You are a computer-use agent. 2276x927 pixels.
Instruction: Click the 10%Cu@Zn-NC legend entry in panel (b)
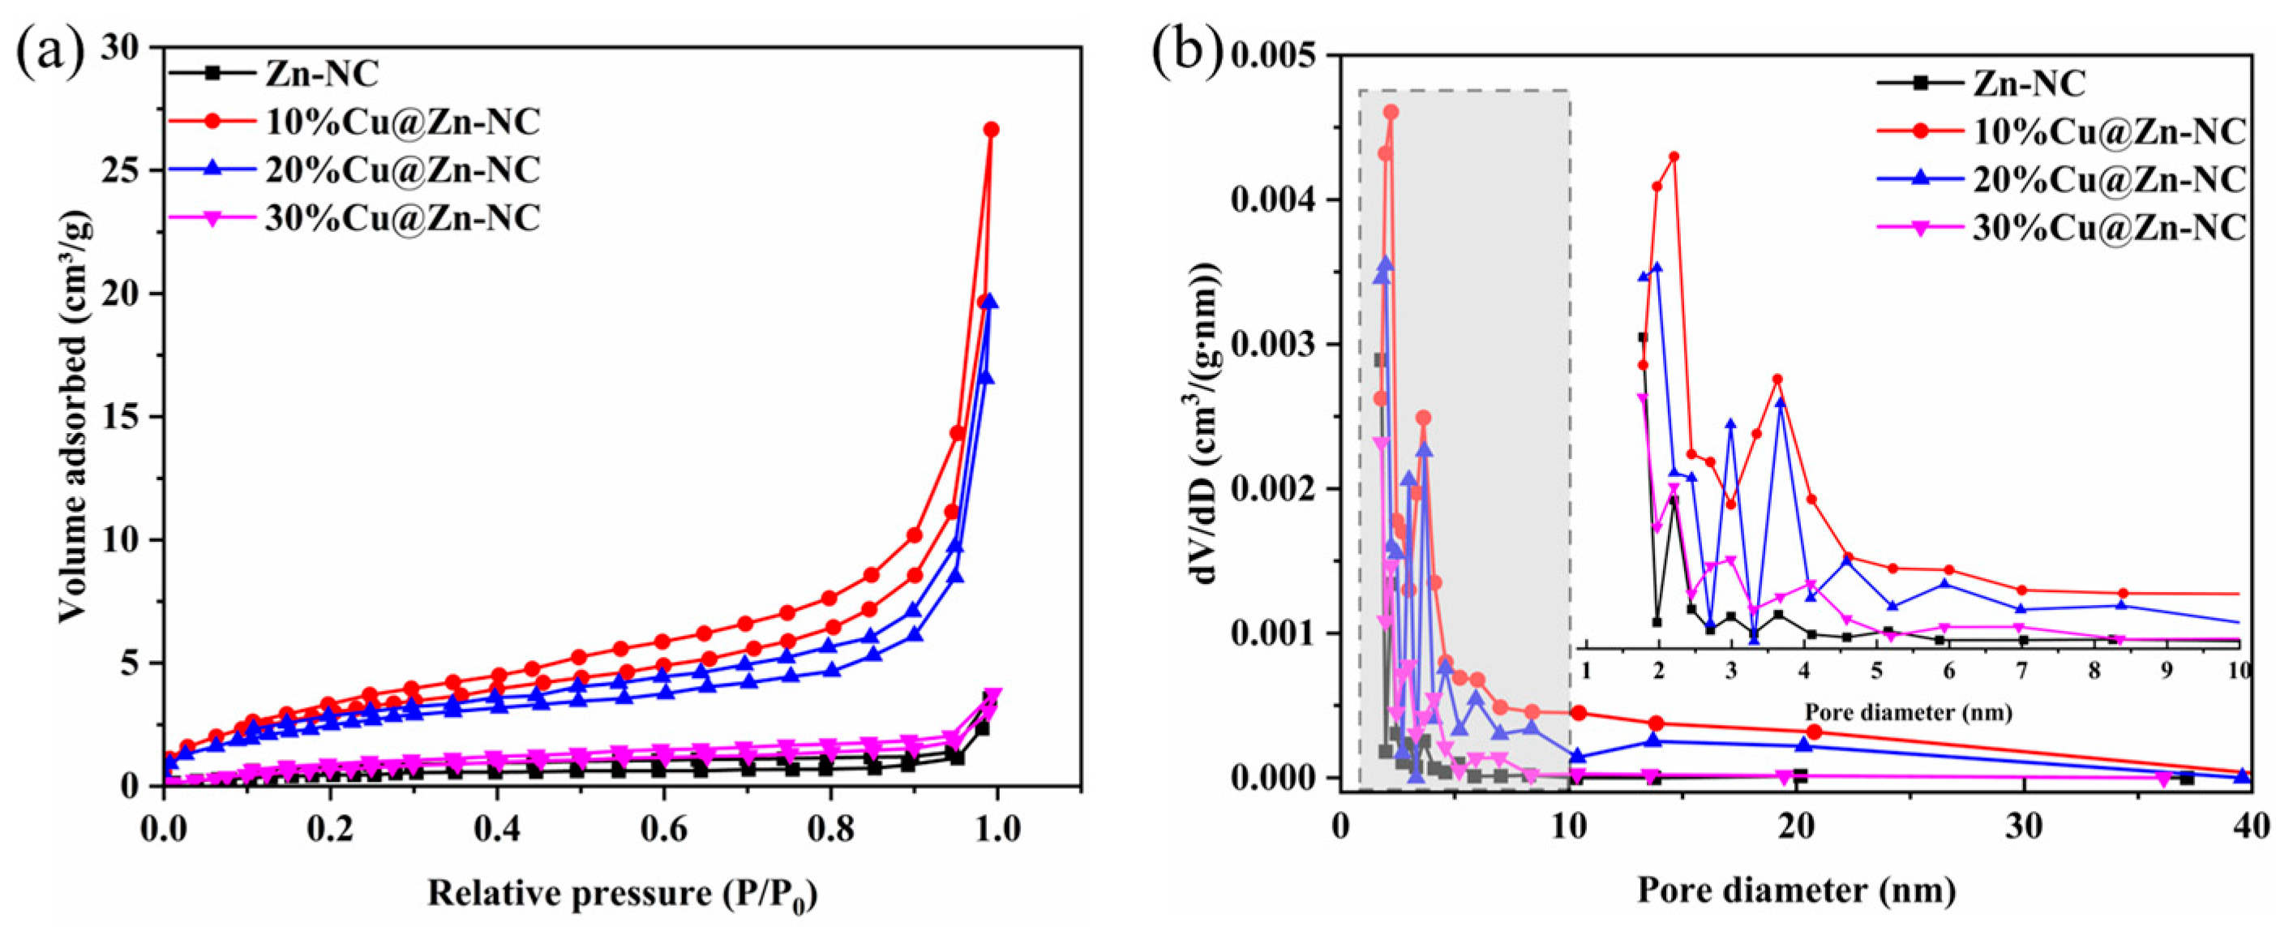point(2108,131)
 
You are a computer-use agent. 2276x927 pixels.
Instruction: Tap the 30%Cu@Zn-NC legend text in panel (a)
point(402,217)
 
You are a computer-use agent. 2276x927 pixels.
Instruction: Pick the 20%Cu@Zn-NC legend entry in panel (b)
point(2108,179)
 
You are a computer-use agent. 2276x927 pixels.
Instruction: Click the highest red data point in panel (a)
point(992,130)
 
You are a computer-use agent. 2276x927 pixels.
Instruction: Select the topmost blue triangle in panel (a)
point(991,303)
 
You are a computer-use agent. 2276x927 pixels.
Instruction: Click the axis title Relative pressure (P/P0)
point(622,895)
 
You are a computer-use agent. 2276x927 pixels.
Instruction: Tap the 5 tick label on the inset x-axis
point(1875,672)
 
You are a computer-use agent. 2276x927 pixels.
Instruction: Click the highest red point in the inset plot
point(1674,157)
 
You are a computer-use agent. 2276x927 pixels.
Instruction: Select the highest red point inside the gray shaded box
point(1391,112)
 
